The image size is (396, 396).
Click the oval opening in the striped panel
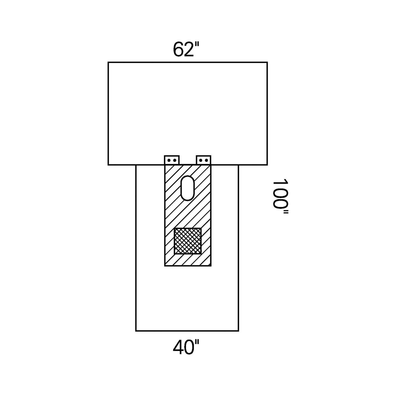(188, 187)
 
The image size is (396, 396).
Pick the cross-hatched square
(188, 241)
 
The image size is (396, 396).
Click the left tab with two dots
(172, 160)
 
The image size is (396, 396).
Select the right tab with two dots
(204, 160)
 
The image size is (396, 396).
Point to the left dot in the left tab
(169, 160)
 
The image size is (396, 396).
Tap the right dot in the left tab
(174, 160)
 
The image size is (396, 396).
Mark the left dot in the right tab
(201, 160)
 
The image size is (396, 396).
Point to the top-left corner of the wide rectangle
(108, 62)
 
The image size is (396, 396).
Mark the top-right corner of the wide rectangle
(267, 62)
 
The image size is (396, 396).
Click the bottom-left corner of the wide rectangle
(108, 165)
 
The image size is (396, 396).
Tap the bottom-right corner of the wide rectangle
(267, 165)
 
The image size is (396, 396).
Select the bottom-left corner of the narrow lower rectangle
(136, 331)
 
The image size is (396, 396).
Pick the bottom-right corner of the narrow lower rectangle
(238, 331)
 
